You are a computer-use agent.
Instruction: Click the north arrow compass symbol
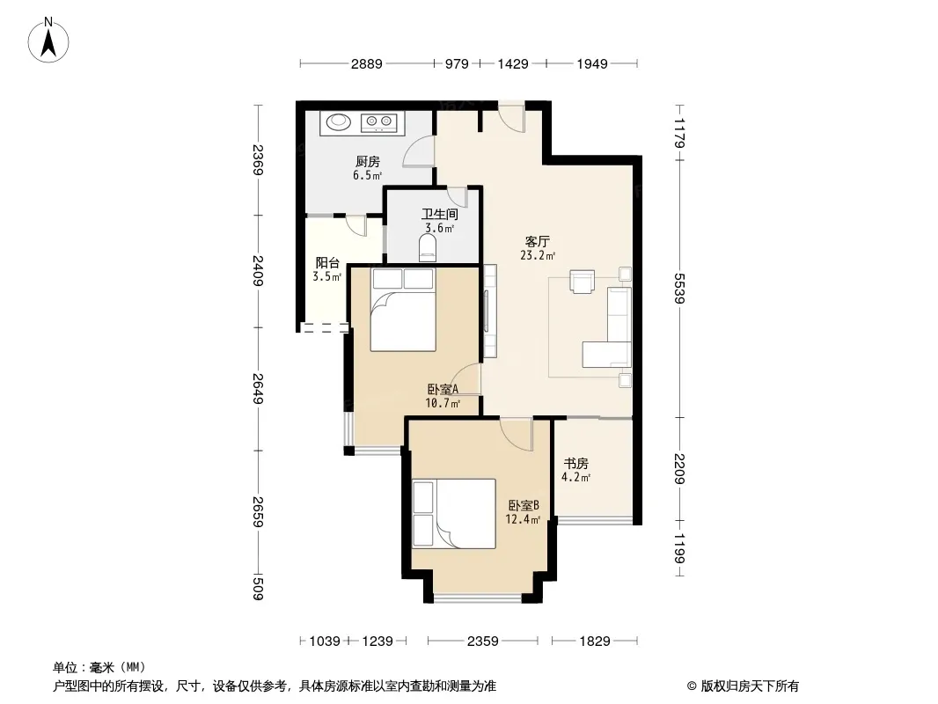click(x=48, y=40)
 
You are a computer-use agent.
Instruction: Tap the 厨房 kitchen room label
click(x=367, y=162)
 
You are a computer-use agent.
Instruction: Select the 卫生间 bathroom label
click(x=440, y=214)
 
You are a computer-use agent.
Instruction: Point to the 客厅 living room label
click(x=538, y=242)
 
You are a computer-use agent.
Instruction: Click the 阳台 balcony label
click(x=327, y=262)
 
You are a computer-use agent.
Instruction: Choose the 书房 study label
click(x=576, y=463)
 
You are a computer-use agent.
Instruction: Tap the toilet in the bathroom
click(x=427, y=247)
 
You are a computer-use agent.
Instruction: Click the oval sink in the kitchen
click(x=339, y=121)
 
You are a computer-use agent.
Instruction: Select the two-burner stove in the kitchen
click(x=379, y=122)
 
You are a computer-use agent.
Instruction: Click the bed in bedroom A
click(x=403, y=310)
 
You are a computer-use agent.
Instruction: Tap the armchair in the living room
click(x=582, y=282)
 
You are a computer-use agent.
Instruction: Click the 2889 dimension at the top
click(x=366, y=64)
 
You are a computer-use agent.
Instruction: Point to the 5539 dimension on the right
click(x=679, y=289)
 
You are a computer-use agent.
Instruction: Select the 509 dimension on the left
click(x=258, y=588)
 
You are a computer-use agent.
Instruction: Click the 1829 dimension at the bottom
click(x=595, y=642)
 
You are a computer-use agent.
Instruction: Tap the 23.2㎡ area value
click(x=538, y=255)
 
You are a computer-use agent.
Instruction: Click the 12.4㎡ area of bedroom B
click(x=523, y=519)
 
